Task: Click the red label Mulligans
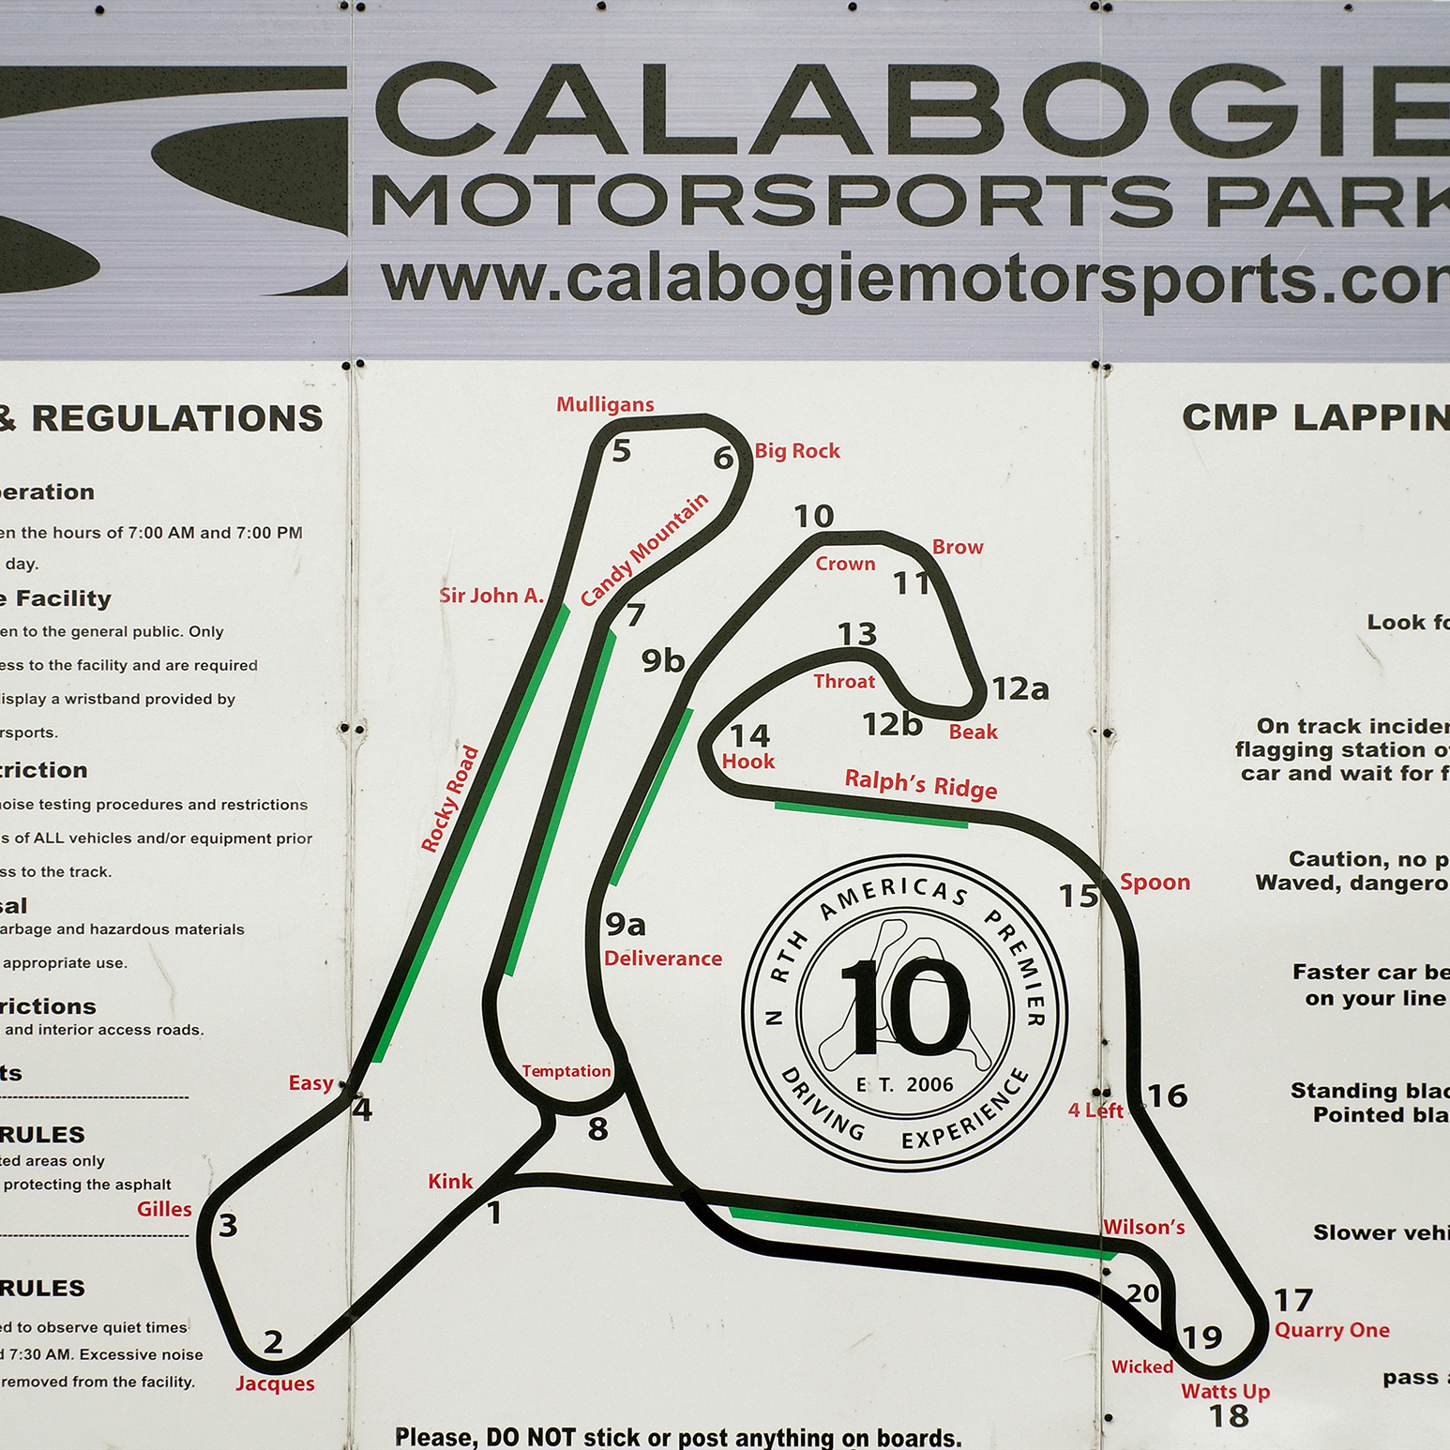coord(605,404)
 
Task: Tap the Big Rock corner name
coord(797,451)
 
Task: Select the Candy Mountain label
coord(644,551)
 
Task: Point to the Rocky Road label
coord(450,799)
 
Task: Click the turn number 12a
coord(1020,689)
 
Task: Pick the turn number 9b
coord(663,661)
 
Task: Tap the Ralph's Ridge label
coord(920,784)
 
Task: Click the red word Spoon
coord(1155,883)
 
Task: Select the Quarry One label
coord(1332,1330)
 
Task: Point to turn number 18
coord(1229,1416)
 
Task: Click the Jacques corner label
coord(275,1383)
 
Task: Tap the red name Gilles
coord(164,1209)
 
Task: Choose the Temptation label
coord(566,1071)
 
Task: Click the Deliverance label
coord(663,959)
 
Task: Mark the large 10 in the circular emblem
coord(905,1008)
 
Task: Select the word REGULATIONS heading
coord(177,418)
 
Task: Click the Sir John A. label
coord(491,596)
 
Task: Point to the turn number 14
coord(749,735)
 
